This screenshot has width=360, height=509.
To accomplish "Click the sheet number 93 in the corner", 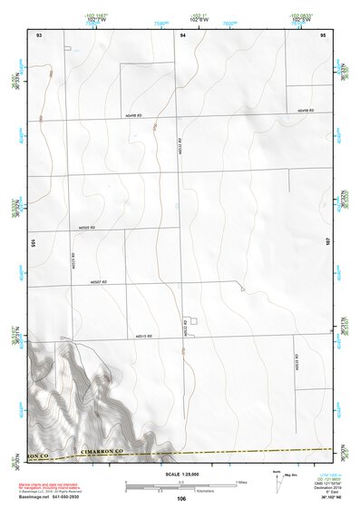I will click(x=38, y=34).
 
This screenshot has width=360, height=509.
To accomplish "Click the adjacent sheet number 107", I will click(x=327, y=243).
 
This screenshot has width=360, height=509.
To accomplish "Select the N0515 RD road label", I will click(x=142, y=336).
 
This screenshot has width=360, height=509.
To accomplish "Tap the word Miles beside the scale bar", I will click(x=241, y=482).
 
